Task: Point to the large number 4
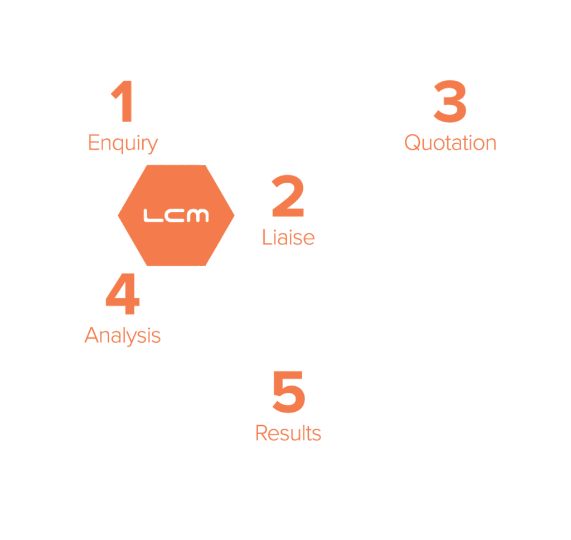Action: point(123,295)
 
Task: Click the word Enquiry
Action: point(123,144)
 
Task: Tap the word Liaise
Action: point(288,238)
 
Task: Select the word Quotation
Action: point(450,143)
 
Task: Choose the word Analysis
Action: point(123,336)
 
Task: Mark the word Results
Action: point(288,433)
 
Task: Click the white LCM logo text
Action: point(176,215)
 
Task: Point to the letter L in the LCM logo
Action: point(151,215)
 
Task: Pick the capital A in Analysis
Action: point(92,335)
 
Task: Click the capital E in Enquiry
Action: point(94,143)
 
